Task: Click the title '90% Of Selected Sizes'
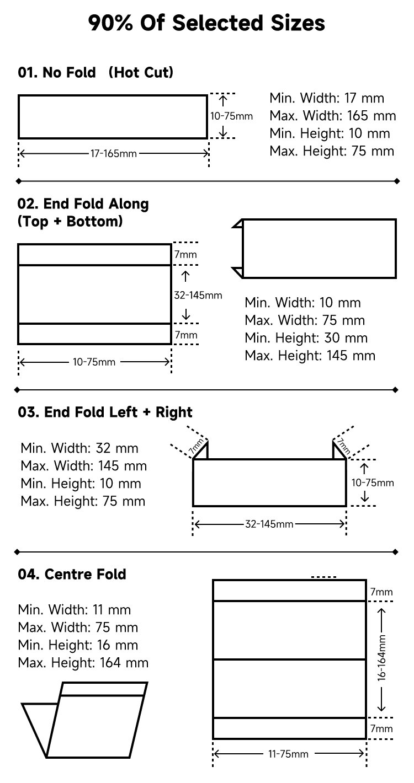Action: pyautogui.click(x=206, y=23)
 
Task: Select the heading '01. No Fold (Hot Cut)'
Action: pyautogui.click(x=95, y=72)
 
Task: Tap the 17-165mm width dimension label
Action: pyautogui.click(x=113, y=153)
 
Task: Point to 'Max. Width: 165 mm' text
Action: pyautogui.click(x=332, y=116)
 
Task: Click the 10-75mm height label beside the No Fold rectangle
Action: pyautogui.click(x=231, y=116)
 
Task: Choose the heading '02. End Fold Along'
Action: pyautogui.click(x=83, y=204)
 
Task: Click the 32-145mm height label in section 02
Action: pyautogui.click(x=198, y=296)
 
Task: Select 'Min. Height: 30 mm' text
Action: pyautogui.click(x=306, y=338)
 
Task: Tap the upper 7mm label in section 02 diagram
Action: pyautogui.click(x=185, y=255)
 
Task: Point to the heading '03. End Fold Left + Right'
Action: pyautogui.click(x=105, y=412)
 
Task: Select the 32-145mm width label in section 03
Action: pyautogui.click(x=269, y=524)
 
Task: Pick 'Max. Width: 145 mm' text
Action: pyautogui.click(x=84, y=466)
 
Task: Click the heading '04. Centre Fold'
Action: pyautogui.click(x=72, y=575)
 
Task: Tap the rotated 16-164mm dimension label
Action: pyautogui.click(x=381, y=657)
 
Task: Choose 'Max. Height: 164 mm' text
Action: pyautogui.click(x=83, y=663)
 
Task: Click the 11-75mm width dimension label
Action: pyautogui.click(x=288, y=754)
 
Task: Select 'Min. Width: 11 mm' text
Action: pyautogui.click(x=75, y=610)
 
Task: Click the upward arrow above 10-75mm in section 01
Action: pyautogui.click(x=223, y=101)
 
